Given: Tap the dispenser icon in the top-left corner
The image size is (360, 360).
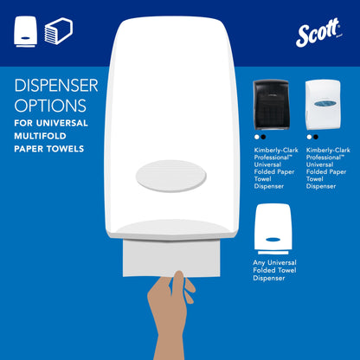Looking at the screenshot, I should pos(26,32).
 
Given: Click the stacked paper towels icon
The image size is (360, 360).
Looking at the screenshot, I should pos(58,32).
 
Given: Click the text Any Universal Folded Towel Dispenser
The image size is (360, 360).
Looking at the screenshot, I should pos(276,277).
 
